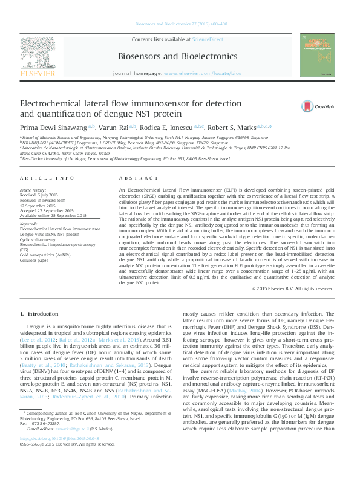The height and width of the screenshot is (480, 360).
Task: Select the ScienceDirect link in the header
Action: (x=207, y=40)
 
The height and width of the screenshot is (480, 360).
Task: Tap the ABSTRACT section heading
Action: (x=134, y=178)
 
